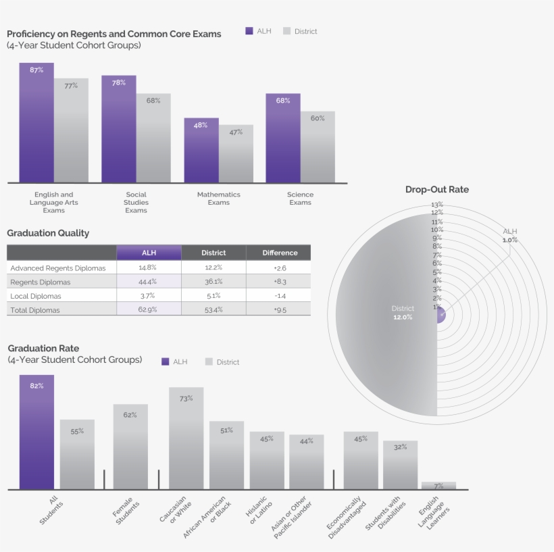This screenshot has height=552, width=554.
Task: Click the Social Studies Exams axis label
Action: point(136,202)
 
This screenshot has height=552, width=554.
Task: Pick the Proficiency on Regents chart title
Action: point(114,34)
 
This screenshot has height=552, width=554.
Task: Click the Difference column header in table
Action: point(280,253)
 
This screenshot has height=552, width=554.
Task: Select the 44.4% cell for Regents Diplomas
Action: point(148,282)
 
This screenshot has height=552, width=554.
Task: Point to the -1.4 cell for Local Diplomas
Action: point(280,296)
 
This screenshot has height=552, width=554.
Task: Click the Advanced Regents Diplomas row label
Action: point(58,268)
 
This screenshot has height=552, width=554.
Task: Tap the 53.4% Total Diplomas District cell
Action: point(213,310)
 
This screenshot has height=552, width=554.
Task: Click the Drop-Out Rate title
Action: point(436,190)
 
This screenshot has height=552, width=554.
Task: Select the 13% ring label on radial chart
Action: point(436,205)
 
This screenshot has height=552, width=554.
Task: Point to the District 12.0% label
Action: point(403,313)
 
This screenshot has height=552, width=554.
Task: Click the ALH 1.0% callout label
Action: point(509,236)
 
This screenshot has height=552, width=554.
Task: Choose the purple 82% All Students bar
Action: point(36,432)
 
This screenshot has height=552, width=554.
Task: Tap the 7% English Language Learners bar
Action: point(438,486)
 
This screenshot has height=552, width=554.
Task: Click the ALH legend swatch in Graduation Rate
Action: point(166,361)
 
